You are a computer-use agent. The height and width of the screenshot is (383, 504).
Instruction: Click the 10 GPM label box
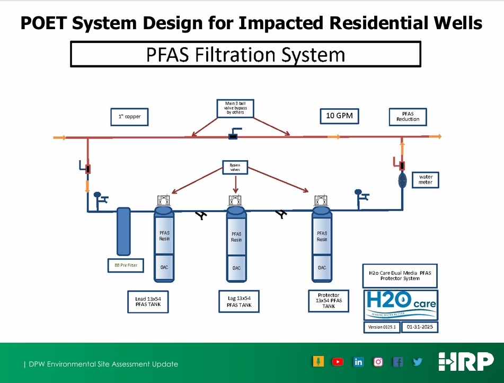click(339, 116)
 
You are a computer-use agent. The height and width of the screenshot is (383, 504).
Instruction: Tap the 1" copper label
click(129, 116)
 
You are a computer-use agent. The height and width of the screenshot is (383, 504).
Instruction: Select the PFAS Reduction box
click(408, 116)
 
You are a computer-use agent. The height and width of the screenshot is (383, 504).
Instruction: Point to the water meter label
click(426, 179)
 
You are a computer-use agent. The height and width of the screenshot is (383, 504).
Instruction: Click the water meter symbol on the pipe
click(402, 180)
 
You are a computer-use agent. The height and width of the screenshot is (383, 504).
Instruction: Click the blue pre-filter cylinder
click(122, 231)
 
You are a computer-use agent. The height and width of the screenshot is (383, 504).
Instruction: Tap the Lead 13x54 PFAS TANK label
click(148, 302)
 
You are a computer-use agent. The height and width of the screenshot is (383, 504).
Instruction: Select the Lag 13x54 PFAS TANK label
click(239, 301)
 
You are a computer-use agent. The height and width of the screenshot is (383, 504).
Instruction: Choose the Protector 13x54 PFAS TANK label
click(328, 300)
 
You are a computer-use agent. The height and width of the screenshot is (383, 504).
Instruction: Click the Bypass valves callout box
click(235, 168)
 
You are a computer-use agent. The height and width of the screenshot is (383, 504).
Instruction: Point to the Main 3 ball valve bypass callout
click(235, 108)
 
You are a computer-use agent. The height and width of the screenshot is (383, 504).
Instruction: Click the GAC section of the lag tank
click(236, 268)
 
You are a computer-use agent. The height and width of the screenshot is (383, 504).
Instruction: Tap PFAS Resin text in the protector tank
click(322, 236)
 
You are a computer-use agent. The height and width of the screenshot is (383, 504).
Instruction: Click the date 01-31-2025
click(420, 327)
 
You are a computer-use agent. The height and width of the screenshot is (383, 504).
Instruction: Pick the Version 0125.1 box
click(381, 327)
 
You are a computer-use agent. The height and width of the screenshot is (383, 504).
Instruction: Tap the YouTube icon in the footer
click(338, 362)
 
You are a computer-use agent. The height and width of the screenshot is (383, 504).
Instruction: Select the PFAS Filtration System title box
click(245, 55)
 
